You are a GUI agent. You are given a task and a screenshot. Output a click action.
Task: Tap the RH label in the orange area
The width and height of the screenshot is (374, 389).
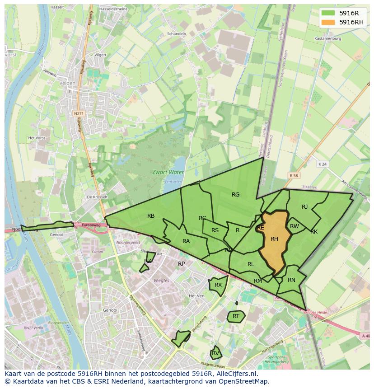274,239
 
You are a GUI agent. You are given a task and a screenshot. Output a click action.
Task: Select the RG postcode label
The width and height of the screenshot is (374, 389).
235,195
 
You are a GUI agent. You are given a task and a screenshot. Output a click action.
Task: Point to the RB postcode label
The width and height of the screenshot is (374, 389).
151,216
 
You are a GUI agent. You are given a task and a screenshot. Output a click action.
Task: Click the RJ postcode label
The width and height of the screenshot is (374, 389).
304,207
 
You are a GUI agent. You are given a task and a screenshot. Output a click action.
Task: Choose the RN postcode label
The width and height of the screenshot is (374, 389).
291,280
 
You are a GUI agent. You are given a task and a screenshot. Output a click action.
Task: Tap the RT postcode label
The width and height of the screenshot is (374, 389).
236,316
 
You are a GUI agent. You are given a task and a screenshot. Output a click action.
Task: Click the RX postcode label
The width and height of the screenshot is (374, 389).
218,285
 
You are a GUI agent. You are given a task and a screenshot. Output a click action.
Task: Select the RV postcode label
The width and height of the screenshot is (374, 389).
215,353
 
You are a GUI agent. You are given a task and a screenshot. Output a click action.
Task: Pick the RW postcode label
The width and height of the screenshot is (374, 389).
295,226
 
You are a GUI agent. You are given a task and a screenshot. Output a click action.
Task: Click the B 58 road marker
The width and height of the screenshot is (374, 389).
294,175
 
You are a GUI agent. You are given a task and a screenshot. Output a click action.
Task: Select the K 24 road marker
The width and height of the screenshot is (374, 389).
322,164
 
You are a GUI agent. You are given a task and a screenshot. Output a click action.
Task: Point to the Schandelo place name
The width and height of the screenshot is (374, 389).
177,34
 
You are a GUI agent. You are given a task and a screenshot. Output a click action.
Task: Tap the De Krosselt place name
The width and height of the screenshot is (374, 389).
97,197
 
